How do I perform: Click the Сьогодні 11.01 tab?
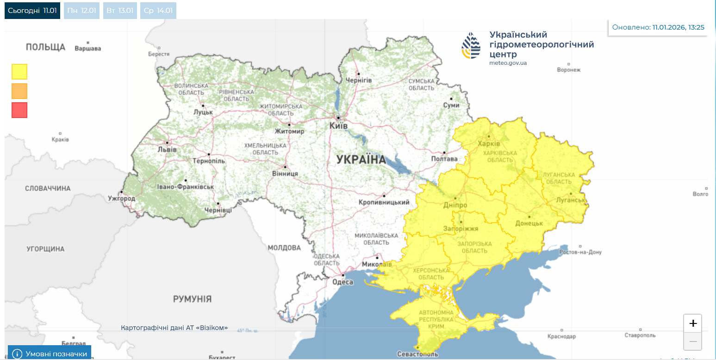(32, 11)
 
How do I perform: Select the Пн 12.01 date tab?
(81, 11)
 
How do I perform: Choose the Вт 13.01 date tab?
(120, 11)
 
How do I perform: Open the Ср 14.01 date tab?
(158, 11)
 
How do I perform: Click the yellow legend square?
(19, 72)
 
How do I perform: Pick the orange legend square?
(19, 91)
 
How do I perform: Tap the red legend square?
(19, 110)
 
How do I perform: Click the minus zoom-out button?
(692, 341)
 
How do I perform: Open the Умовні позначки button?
(50, 354)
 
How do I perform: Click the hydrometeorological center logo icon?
(471, 45)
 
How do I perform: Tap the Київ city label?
(338, 126)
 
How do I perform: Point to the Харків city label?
(489, 143)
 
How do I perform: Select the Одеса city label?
(343, 282)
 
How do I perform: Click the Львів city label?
(167, 149)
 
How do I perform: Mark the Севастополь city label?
(417, 354)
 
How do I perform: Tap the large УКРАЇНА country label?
(361, 160)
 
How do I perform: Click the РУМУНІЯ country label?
(192, 299)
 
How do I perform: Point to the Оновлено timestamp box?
(658, 27)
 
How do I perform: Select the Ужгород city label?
(121, 199)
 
